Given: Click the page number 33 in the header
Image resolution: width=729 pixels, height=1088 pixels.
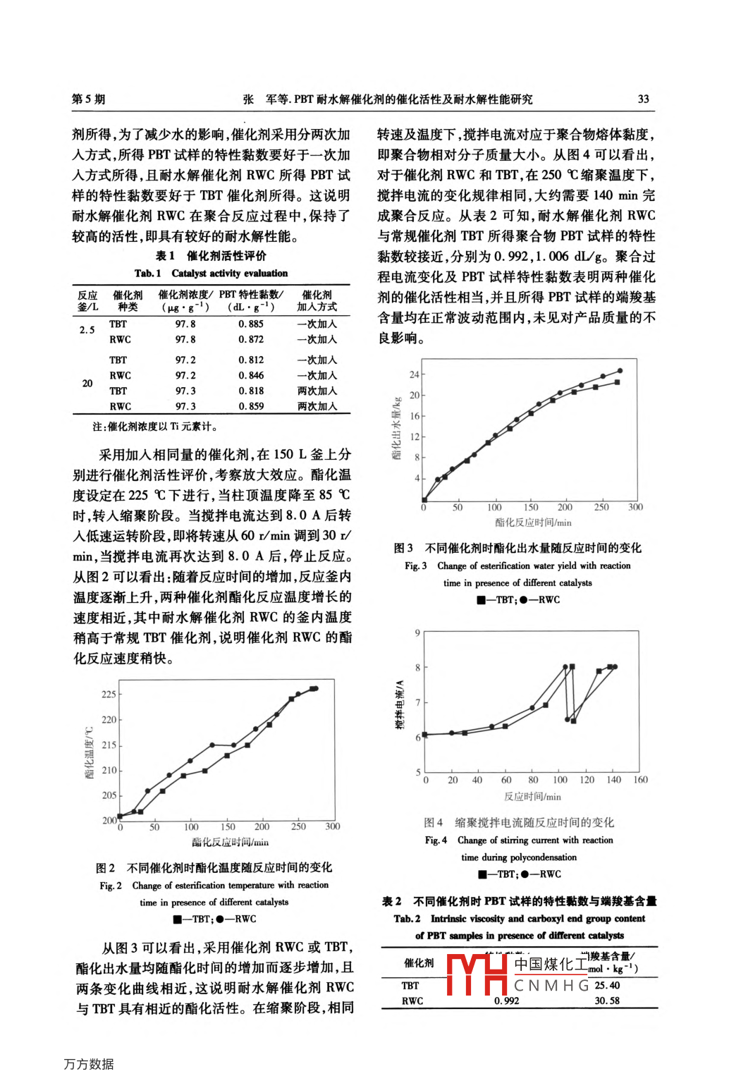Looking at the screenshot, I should [x=643, y=99].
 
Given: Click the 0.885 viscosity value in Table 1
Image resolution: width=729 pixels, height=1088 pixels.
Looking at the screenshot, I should [x=251, y=324].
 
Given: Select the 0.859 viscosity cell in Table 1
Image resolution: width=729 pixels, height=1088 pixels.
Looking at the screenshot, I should [x=251, y=406].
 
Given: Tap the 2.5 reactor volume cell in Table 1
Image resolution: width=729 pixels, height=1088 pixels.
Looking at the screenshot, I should [x=87, y=330].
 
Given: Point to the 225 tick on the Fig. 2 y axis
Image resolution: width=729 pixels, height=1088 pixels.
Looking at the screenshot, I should [x=109, y=695].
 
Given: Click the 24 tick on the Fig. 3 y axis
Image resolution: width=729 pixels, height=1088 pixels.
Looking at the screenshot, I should [x=415, y=374].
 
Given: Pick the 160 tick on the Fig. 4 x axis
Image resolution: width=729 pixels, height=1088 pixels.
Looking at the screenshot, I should [x=640, y=780].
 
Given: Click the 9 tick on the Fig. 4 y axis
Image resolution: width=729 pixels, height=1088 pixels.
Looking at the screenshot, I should [x=417, y=633].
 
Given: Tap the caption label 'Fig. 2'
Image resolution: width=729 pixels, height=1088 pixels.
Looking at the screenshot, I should [x=111, y=886].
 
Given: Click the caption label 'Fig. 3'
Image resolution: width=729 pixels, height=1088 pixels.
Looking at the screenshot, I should [x=415, y=566].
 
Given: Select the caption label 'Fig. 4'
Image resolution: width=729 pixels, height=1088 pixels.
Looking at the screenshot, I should [x=436, y=841].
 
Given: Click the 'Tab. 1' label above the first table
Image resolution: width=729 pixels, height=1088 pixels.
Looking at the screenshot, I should [x=147, y=274].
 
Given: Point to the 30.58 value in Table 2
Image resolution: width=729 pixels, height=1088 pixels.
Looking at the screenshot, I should [x=607, y=1001].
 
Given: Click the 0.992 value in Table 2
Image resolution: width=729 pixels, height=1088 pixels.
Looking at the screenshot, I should [x=506, y=1001].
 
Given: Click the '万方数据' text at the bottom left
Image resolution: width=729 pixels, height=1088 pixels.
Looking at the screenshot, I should [x=89, y=1064].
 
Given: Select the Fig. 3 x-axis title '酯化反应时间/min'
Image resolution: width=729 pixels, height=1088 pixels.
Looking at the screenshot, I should [x=533, y=522].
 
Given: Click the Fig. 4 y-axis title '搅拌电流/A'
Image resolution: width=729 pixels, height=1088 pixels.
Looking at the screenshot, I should [x=400, y=705].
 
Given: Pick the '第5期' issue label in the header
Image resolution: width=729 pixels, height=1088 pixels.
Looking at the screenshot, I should [x=89, y=99].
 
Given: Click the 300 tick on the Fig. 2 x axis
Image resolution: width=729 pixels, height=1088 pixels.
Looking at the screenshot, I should [x=333, y=827].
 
